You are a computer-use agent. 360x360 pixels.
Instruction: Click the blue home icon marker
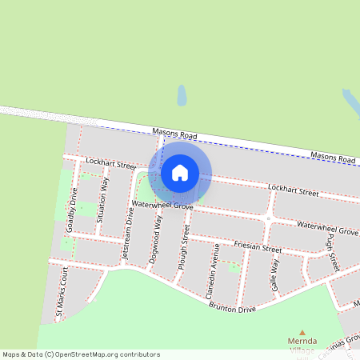[180, 172]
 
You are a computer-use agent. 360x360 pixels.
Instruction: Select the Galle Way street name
[274, 274]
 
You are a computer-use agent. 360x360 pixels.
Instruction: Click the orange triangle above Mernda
[302, 332]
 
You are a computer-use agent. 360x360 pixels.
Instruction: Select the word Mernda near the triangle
[302, 342]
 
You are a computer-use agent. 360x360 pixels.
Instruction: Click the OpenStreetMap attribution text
[81, 354]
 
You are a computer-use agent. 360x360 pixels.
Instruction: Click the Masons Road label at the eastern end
[333, 158]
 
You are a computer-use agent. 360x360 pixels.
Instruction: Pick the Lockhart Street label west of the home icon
[111, 164]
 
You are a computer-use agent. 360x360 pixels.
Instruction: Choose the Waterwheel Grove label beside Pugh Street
[326, 230]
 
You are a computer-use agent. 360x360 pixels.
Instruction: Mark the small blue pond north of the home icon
[182, 97]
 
